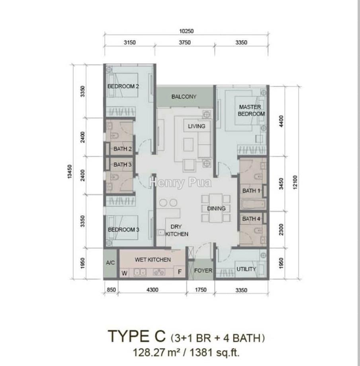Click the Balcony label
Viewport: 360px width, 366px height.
[184, 97]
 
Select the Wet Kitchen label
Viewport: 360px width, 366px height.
[153, 259]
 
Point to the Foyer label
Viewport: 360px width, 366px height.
[203, 271]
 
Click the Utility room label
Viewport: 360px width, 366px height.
[246, 269]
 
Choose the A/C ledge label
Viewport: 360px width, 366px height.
[110, 263]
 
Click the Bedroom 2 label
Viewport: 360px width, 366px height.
[123, 86]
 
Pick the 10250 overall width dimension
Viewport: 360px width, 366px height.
[186, 31]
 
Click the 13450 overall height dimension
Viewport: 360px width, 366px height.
[70, 172]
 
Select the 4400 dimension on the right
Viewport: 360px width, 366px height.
[281, 121]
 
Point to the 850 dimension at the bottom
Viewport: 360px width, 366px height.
[111, 290]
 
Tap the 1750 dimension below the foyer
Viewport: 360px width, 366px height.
[201, 290]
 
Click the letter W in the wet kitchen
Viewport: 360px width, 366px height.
[124, 273]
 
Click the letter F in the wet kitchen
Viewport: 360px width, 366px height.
[180, 272]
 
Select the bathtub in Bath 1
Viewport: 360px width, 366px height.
[253, 205]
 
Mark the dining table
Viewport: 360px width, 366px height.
[216, 208]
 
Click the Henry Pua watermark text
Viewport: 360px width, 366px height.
[180, 182]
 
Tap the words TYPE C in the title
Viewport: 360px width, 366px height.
[137, 336]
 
